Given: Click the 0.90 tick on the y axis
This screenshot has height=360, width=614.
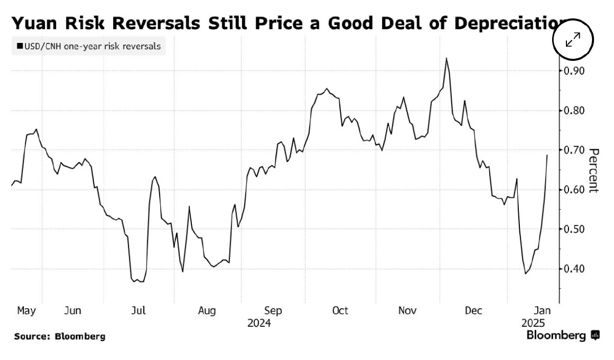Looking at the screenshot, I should click(575, 71).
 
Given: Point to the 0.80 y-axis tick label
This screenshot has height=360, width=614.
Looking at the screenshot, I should click(575, 110).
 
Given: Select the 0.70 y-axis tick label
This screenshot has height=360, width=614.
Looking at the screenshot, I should click(575, 150).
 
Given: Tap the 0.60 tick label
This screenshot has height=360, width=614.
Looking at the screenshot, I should click(575, 190).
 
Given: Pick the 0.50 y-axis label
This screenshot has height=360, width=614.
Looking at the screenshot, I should click(575, 229).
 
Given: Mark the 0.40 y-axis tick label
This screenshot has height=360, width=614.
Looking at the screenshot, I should click(575, 269).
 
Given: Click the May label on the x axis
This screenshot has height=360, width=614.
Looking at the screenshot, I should click(26, 310).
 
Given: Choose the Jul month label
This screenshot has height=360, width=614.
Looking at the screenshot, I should click(139, 310).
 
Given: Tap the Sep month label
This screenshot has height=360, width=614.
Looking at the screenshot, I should click(273, 310).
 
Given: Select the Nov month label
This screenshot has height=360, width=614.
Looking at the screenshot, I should click(407, 310).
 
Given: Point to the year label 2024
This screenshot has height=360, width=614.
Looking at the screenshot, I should click(259, 324).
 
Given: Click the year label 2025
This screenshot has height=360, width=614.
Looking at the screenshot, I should click(533, 324).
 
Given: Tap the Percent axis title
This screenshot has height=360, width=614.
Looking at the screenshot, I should click(594, 170).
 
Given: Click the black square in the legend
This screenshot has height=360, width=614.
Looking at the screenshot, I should click(19, 47).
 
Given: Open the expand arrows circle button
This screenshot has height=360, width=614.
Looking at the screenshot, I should click(573, 39).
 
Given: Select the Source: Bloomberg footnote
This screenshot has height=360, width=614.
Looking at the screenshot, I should click(59, 336).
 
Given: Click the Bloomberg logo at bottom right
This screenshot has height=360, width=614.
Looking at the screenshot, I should click(562, 335).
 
